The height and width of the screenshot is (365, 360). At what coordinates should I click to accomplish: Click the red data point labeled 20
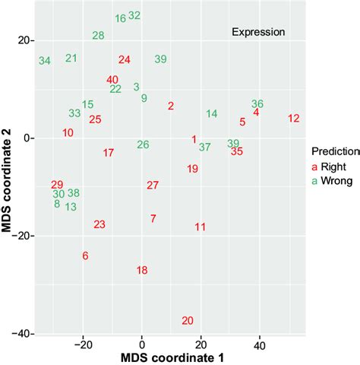click(x=188, y=321)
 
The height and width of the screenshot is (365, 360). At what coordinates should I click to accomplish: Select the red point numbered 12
click(x=294, y=118)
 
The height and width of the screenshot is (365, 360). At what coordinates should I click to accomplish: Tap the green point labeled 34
click(x=45, y=61)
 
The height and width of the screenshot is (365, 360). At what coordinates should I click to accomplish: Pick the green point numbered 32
click(x=134, y=15)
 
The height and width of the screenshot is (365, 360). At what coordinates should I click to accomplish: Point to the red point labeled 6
click(x=85, y=255)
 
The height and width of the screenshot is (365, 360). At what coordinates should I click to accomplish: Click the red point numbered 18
click(x=142, y=270)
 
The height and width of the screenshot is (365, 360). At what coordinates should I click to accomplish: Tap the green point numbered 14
click(x=212, y=113)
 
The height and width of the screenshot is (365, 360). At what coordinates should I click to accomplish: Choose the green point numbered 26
click(x=143, y=144)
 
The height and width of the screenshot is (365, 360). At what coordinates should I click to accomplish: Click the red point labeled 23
click(x=99, y=224)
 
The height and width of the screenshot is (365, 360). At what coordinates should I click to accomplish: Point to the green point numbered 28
click(x=98, y=35)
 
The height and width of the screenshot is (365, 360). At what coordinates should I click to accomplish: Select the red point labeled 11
click(x=200, y=227)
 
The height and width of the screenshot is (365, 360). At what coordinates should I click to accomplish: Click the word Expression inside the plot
click(x=258, y=32)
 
